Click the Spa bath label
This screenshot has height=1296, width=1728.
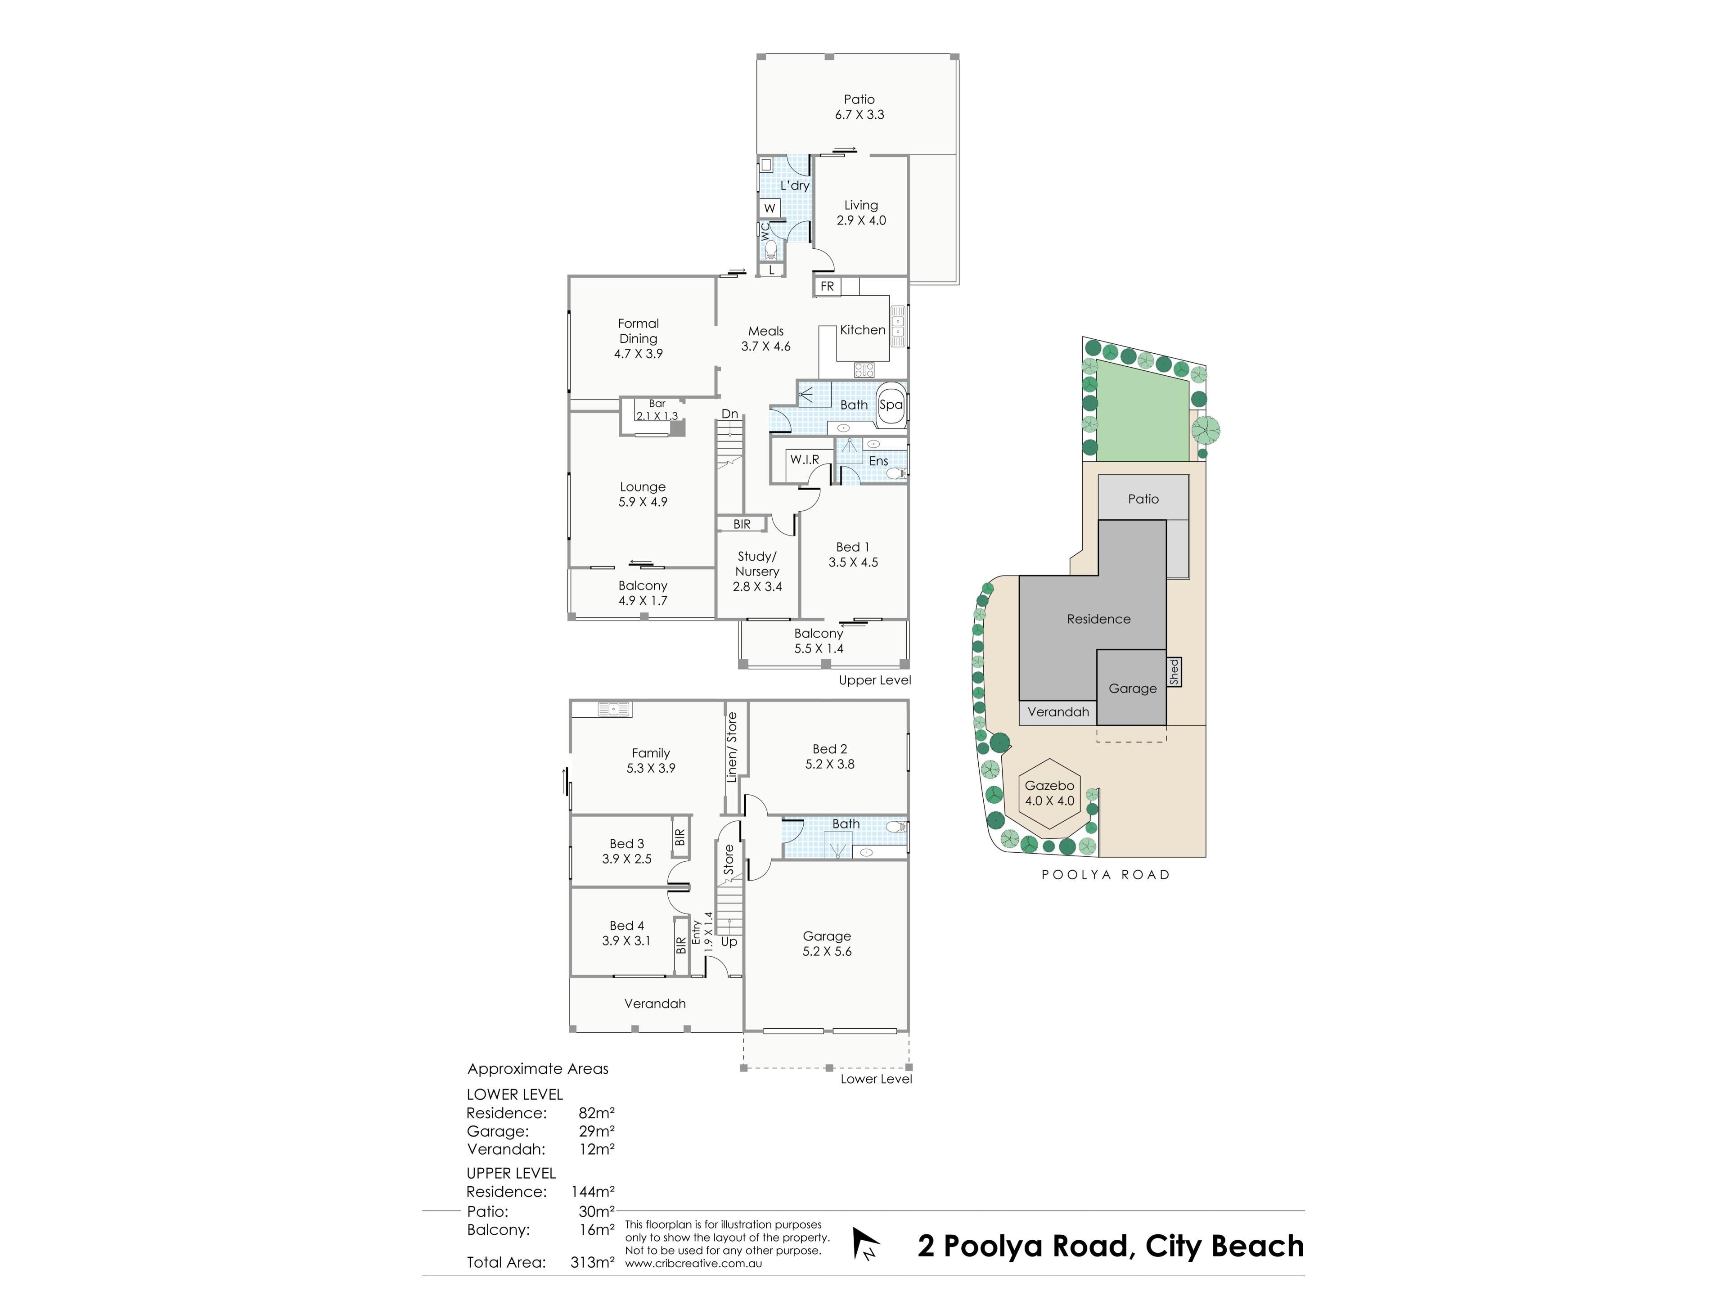891,405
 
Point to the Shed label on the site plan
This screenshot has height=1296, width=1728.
1174,672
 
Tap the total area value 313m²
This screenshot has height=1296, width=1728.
592,1262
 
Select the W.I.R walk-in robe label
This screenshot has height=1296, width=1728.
805,459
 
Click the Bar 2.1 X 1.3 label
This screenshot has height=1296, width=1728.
657,410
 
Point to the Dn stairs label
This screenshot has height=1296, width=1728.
729,414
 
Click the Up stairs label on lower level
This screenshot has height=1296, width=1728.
729,942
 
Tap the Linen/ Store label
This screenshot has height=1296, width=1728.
732,747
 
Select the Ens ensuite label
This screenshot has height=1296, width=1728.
879,461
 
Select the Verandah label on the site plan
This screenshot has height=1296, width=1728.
1058,711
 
